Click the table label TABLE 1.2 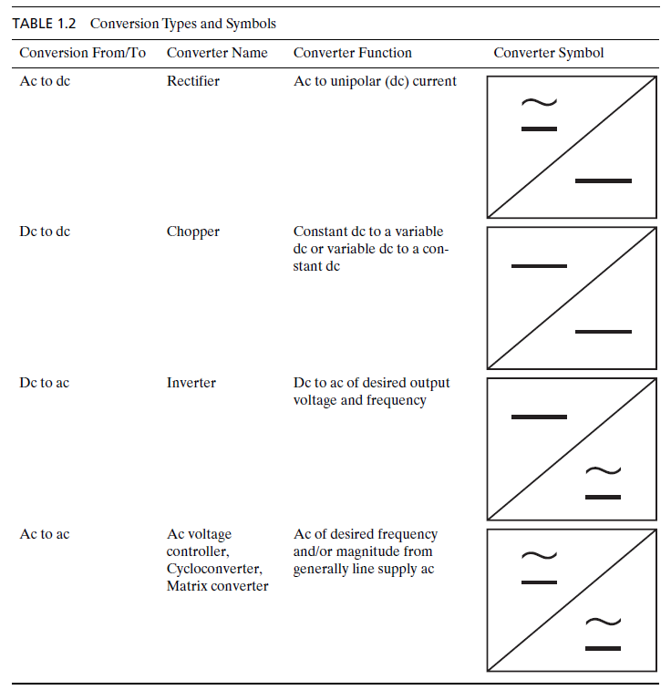pos(44,23)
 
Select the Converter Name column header pos(217,53)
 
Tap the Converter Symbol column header pos(548,53)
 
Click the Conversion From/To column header pos(82,53)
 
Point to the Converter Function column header pos(352,53)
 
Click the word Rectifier pos(192,81)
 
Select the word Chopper pos(192,232)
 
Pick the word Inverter pos(191,383)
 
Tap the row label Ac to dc pos(45,81)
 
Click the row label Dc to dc pos(45,232)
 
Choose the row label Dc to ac pos(45,383)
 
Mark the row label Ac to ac pos(45,534)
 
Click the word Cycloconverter pos(214,569)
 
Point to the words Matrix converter pos(217,586)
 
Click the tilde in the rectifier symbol pos(539,102)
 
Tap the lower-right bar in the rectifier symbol pos(603,180)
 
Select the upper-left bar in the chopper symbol pos(539,266)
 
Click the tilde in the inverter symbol pos(603,470)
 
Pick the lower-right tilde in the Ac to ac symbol pos(603,622)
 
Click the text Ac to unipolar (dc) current pos(375,81)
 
